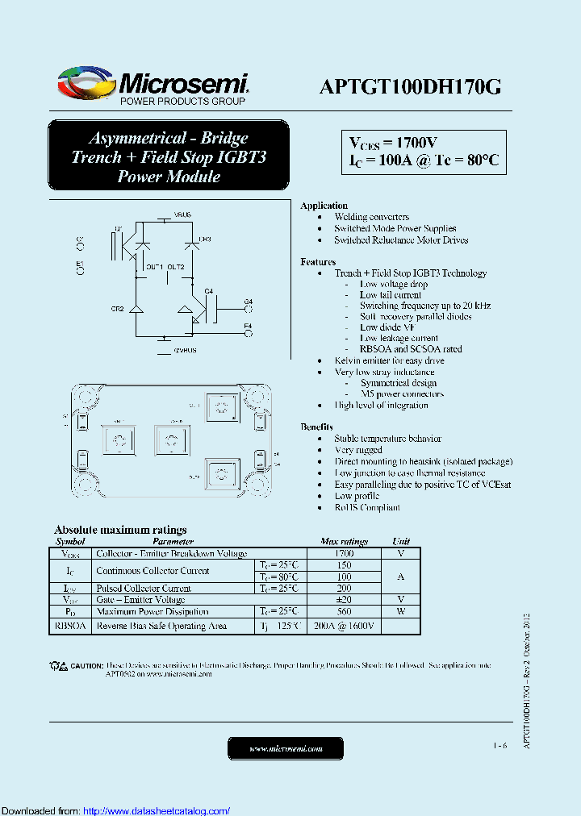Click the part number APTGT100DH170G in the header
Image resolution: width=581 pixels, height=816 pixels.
410,87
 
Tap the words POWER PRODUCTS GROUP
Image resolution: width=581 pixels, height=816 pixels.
182,102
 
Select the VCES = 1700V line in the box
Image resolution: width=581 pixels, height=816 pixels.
393,143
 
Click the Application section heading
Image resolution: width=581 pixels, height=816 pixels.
324,206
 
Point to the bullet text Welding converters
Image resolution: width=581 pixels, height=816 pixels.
372,217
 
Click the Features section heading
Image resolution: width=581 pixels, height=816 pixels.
318,261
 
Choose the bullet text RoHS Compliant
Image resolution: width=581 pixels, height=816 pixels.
367,507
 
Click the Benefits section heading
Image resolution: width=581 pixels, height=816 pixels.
317,427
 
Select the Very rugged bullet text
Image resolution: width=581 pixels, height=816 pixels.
358,450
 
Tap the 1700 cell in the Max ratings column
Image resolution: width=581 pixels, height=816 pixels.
344,554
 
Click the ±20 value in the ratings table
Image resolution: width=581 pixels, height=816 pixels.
344,600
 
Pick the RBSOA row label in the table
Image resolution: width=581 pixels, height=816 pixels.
70,626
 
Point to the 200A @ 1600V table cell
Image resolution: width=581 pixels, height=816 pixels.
344,626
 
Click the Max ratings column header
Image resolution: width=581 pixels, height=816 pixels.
344,542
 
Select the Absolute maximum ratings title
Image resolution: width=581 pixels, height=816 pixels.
120,530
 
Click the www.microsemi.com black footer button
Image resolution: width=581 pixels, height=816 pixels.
286,749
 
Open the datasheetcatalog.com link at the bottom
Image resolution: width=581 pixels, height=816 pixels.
157,811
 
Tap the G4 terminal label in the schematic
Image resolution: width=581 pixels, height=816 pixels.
248,302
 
